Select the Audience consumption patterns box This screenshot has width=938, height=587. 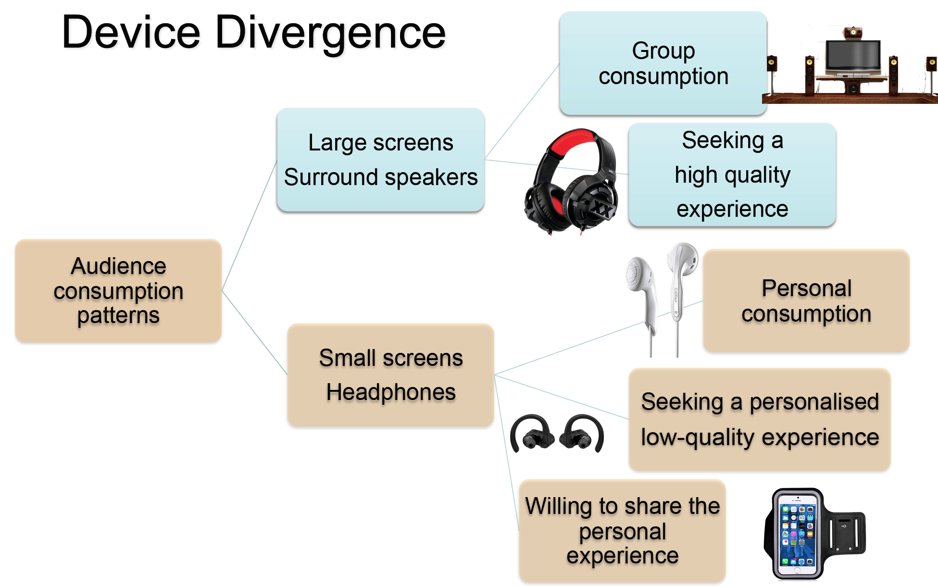coord(118,291)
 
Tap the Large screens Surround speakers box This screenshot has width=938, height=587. coord(381,160)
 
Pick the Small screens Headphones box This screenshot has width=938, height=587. coord(390,375)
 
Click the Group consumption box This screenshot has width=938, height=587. coord(663,63)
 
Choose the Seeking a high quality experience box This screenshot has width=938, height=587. coord(732,175)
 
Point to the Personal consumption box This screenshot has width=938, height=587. coord(806,301)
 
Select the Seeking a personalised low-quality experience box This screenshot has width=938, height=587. coord(760,419)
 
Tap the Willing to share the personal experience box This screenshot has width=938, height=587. coord(622,531)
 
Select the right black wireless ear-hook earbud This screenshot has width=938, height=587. coord(584,433)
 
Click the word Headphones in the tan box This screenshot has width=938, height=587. coord(391,392)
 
